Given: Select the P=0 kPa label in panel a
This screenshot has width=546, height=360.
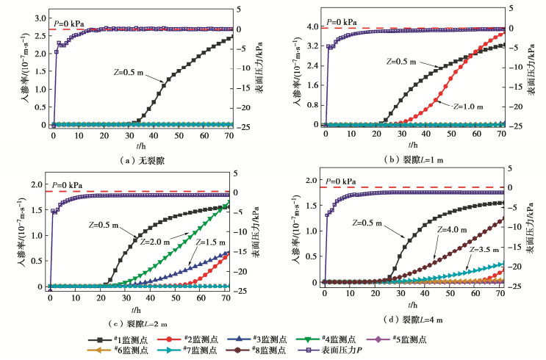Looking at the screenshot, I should coord(68,23).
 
